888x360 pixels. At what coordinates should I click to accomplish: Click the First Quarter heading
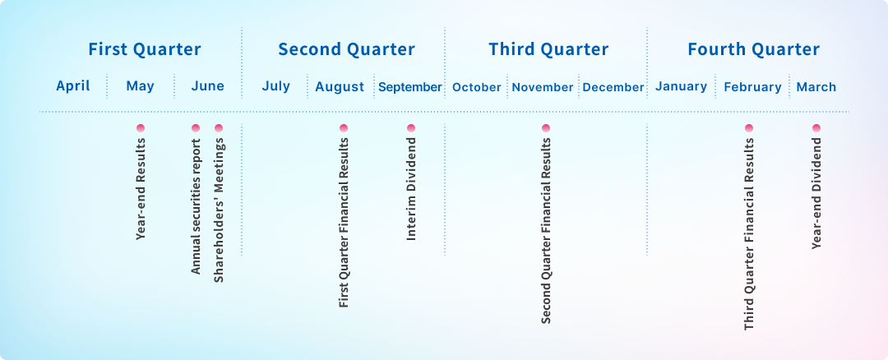pyautogui.click(x=145, y=50)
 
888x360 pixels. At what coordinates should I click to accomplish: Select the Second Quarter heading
pyautogui.click(x=347, y=50)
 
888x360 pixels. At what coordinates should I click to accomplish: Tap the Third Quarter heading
pyautogui.click(x=548, y=50)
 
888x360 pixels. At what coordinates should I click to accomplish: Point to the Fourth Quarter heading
pyautogui.click(x=754, y=50)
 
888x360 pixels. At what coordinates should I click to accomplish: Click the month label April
pyautogui.click(x=73, y=86)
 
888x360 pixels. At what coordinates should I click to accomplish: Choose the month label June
pyautogui.click(x=208, y=86)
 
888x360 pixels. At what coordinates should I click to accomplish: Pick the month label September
pyautogui.click(x=410, y=87)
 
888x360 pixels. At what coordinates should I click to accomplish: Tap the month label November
pyautogui.click(x=543, y=87)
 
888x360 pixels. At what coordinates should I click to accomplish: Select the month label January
pyautogui.click(x=682, y=86)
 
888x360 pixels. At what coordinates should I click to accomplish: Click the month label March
pyautogui.click(x=816, y=87)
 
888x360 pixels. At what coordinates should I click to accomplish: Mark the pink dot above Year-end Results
pyautogui.click(x=141, y=128)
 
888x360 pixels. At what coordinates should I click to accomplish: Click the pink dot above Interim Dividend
pyautogui.click(x=411, y=128)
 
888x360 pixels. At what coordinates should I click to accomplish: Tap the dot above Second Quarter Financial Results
pyautogui.click(x=546, y=128)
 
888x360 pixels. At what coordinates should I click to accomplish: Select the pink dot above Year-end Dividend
pyautogui.click(x=816, y=128)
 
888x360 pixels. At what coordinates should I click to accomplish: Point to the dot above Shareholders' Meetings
pyautogui.click(x=220, y=128)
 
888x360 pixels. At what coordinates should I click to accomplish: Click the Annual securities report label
pyautogui.click(x=196, y=206)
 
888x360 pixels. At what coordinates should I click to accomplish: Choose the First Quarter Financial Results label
pyautogui.click(x=344, y=223)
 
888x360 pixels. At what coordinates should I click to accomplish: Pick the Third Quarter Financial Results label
pyautogui.click(x=749, y=233)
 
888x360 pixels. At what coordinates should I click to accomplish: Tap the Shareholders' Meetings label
pyautogui.click(x=220, y=210)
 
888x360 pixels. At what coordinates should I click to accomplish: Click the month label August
pyautogui.click(x=340, y=87)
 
